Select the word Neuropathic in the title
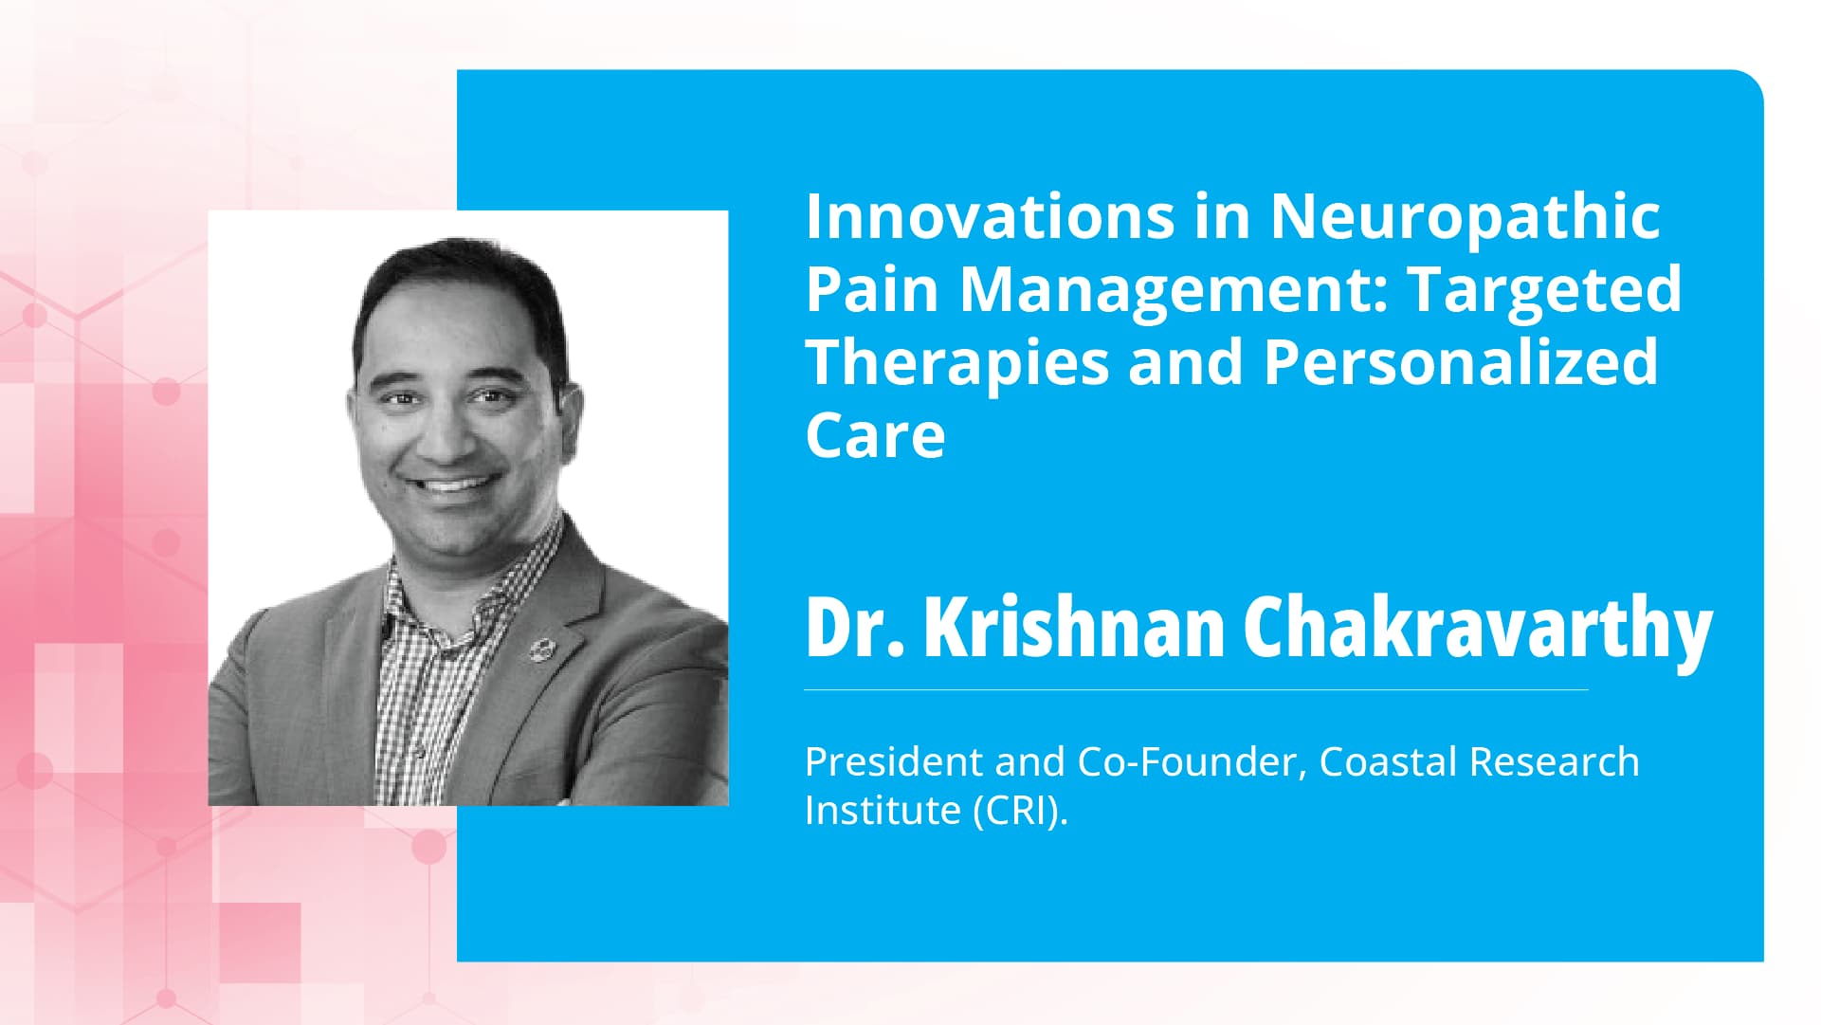point(1465,218)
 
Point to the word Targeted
point(1544,291)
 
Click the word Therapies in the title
point(957,363)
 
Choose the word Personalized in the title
point(1461,362)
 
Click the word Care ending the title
point(875,435)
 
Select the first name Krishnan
point(1074,627)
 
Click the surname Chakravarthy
point(1477,629)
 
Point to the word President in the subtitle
point(894,761)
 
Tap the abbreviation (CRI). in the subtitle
point(1021,811)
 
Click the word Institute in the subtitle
point(883,811)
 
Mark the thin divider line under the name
point(1195,689)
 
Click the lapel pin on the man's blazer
point(541,649)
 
